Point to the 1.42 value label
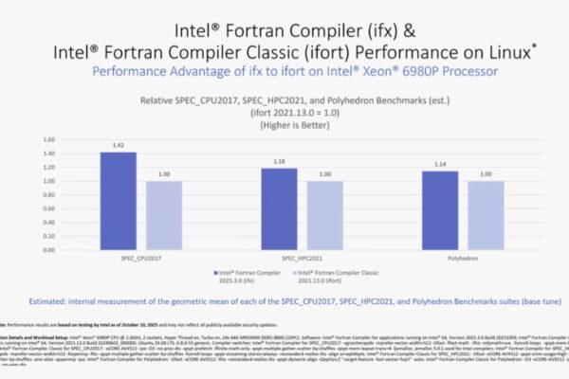(118, 145)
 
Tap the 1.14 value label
(441, 164)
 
